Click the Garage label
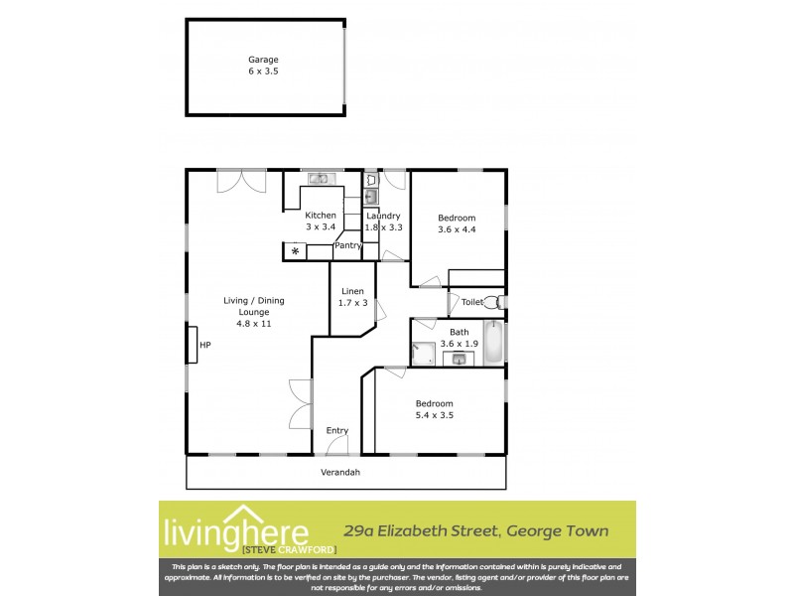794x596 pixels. [263, 60]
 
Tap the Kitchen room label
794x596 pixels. [321, 216]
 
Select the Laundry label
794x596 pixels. [383, 216]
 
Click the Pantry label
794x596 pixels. [347, 245]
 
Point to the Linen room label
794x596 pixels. [352, 290]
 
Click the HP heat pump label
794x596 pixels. [205, 345]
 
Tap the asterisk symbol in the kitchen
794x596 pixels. [295, 251]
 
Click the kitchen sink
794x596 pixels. [320, 179]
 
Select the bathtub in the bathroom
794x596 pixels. [493, 343]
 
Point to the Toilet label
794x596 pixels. [471, 302]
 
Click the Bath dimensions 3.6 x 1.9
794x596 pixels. [460, 344]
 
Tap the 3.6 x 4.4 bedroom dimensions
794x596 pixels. [458, 230]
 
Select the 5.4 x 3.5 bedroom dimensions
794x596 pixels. [434, 415]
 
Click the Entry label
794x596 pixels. [337, 430]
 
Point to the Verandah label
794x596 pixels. [339, 472]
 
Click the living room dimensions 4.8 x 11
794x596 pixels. [247, 324]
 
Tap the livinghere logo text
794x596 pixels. [234, 526]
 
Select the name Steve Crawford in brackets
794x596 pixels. [290, 549]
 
